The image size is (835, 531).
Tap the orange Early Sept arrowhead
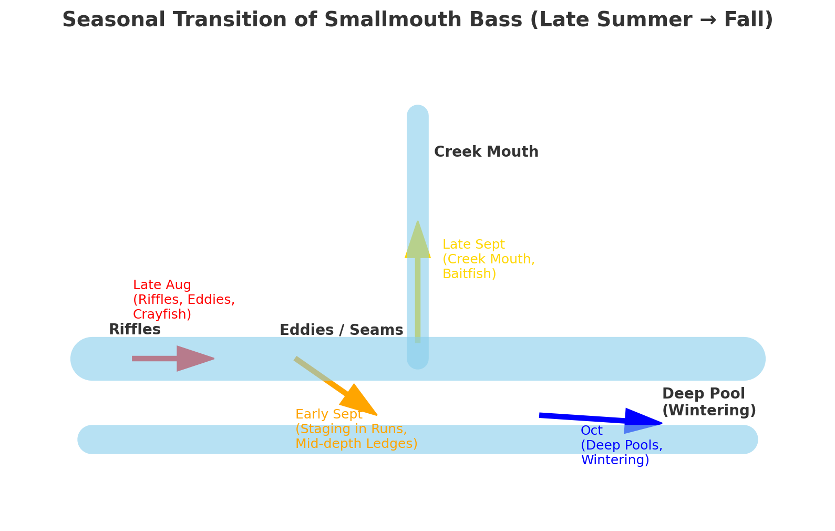pos(359,402)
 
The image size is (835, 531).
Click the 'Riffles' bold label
pos(135,330)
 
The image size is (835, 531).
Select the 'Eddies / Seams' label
pos(341,330)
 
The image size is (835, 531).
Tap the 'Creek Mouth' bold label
pos(486,152)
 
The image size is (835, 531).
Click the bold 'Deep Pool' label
pos(703,394)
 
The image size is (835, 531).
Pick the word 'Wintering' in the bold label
pos(708,411)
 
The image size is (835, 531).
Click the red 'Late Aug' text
pos(162,285)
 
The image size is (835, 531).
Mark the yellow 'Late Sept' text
pos(473,244)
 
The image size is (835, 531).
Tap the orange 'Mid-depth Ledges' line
pos(356,444)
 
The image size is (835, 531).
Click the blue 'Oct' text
pos(591,431)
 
